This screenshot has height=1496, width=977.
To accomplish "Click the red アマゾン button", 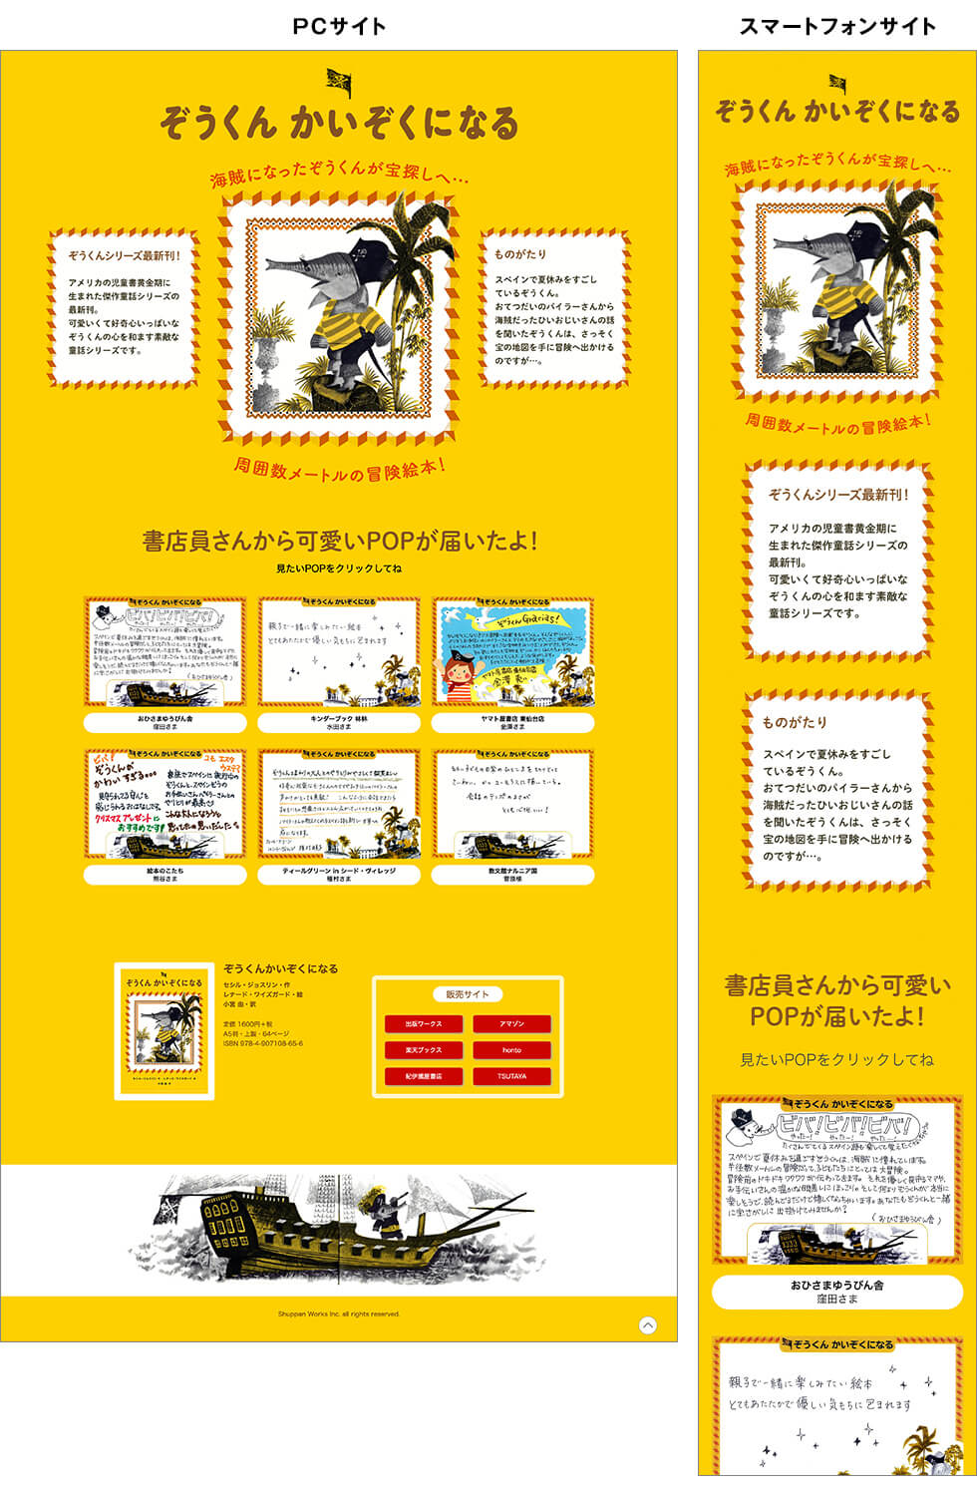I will (x=511, y=1024).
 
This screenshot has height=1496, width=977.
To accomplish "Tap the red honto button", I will (x=511, y=1050).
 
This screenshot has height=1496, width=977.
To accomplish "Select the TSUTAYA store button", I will (x=511, y=1076).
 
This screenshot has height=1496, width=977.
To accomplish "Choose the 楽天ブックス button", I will (x=424, y=1050).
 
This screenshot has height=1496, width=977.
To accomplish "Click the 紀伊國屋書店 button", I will (x=424, y=1076).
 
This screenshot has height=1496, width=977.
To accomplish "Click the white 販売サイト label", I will (x=468, y=994).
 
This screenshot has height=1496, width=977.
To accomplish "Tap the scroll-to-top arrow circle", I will (x=648, y=1325).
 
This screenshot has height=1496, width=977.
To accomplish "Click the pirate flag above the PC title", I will (x=339, y=82).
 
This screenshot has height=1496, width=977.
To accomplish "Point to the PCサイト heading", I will (x=339, y=26).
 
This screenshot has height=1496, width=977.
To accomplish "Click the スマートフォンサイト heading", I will (x=837, y=26).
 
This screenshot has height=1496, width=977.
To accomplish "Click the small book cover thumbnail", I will (x=164, y=1032).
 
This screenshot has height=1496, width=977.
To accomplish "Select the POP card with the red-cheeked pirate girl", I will (x=513, y=653).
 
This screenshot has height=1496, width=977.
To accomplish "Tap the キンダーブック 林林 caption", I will (x=339, y=722).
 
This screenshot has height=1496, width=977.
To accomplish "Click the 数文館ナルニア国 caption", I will (x=513, y=875).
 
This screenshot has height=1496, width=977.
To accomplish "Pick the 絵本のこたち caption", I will (x=164, y=875).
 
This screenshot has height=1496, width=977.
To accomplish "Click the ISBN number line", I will (x=263, y=1044).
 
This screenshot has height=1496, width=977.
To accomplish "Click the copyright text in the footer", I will (x=339, y=1314).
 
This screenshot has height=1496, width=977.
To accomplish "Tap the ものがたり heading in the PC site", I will (x=520, y=254).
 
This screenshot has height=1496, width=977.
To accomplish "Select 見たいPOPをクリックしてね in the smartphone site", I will (x=837, y=1059).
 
